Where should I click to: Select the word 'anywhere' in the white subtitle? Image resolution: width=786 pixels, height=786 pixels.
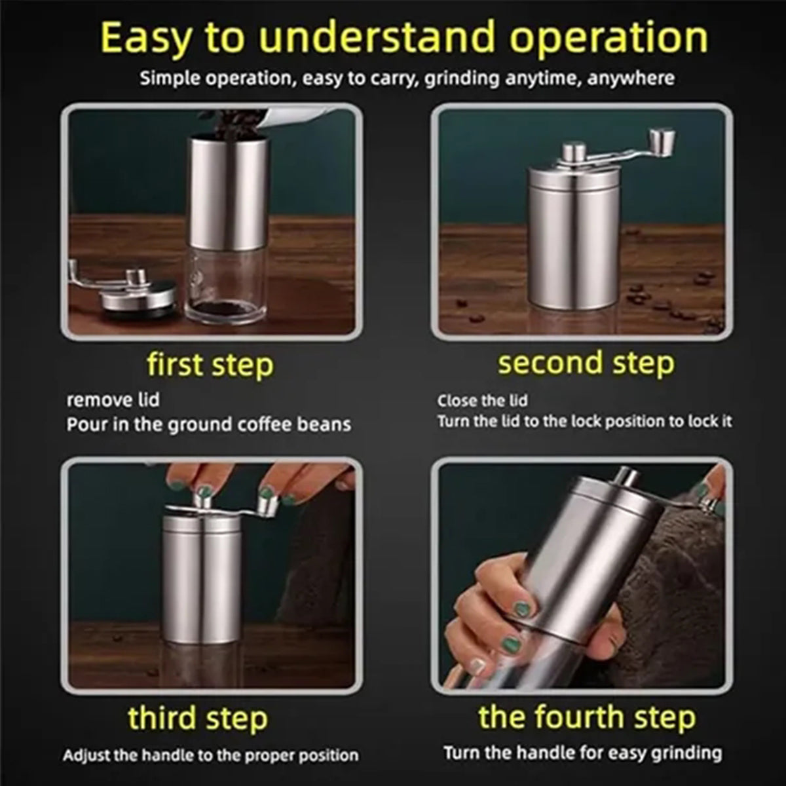(x=631, y=79)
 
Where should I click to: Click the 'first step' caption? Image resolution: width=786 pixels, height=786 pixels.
(x=210, y=365)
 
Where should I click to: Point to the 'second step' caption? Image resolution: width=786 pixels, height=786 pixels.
(x=586, y=363)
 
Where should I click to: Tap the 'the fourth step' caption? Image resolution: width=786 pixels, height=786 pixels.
(x=587, y=717)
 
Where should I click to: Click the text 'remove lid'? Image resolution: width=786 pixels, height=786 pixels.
(x=113, y=400)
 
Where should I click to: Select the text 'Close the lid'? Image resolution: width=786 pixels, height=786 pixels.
(x=483, y=401)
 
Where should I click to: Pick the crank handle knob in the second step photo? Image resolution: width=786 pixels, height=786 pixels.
(x=662, y=142)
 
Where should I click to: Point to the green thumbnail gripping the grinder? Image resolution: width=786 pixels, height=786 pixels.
(x=521, y=610)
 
